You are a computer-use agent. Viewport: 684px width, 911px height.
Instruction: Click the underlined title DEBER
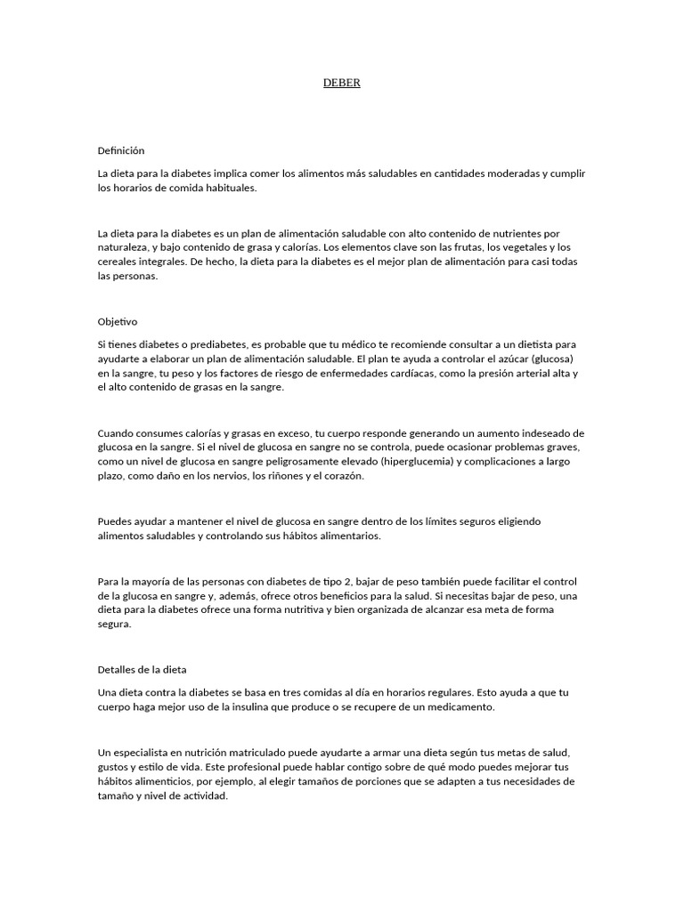341,83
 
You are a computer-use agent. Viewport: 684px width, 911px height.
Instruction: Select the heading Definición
120,151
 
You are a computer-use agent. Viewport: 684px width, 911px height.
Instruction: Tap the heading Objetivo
117,321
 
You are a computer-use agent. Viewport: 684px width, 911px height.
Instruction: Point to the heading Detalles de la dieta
142,669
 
